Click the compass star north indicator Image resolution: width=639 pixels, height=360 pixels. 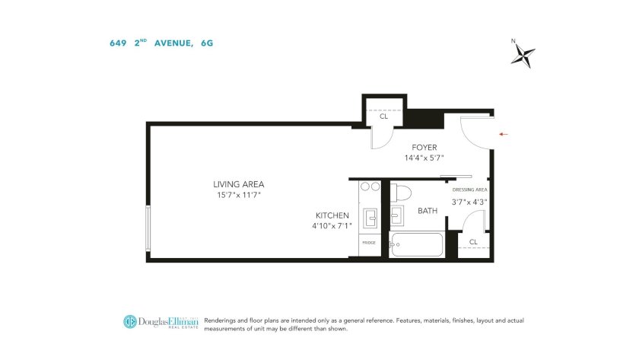[523, 55]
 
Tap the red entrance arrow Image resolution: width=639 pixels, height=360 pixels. [504, 134]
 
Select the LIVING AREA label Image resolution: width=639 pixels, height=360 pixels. [238, 184]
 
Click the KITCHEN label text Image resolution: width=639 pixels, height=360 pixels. [332, 215]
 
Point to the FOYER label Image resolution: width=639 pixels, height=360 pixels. [424, 148]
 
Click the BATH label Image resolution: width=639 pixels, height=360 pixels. [428, 211]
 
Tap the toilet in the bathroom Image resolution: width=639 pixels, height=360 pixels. [401, 193]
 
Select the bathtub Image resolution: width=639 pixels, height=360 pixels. [416, 244]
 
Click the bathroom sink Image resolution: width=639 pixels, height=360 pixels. [397, 215]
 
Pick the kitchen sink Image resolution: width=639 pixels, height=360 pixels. [370, 218]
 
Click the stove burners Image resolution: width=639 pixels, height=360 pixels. [370, 186]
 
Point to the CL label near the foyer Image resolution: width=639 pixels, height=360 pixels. [384, 116]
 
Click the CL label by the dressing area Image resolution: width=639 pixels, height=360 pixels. [473, 242]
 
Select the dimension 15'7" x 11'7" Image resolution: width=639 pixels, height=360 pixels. [238, 195]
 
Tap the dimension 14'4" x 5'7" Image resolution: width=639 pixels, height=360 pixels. [424, 158]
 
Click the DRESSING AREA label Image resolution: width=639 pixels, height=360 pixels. [470, 190]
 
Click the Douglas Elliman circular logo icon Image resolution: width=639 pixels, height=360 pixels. [130, 322]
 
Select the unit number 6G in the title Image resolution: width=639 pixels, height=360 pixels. [207, 43]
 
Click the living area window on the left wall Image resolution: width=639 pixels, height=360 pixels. [148, 228]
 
